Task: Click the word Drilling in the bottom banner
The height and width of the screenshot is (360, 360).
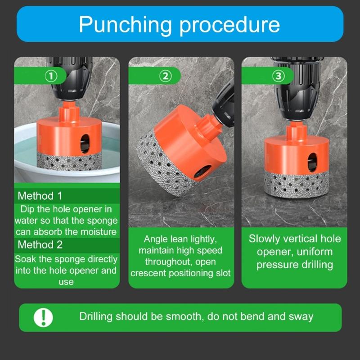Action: point(96,316)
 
